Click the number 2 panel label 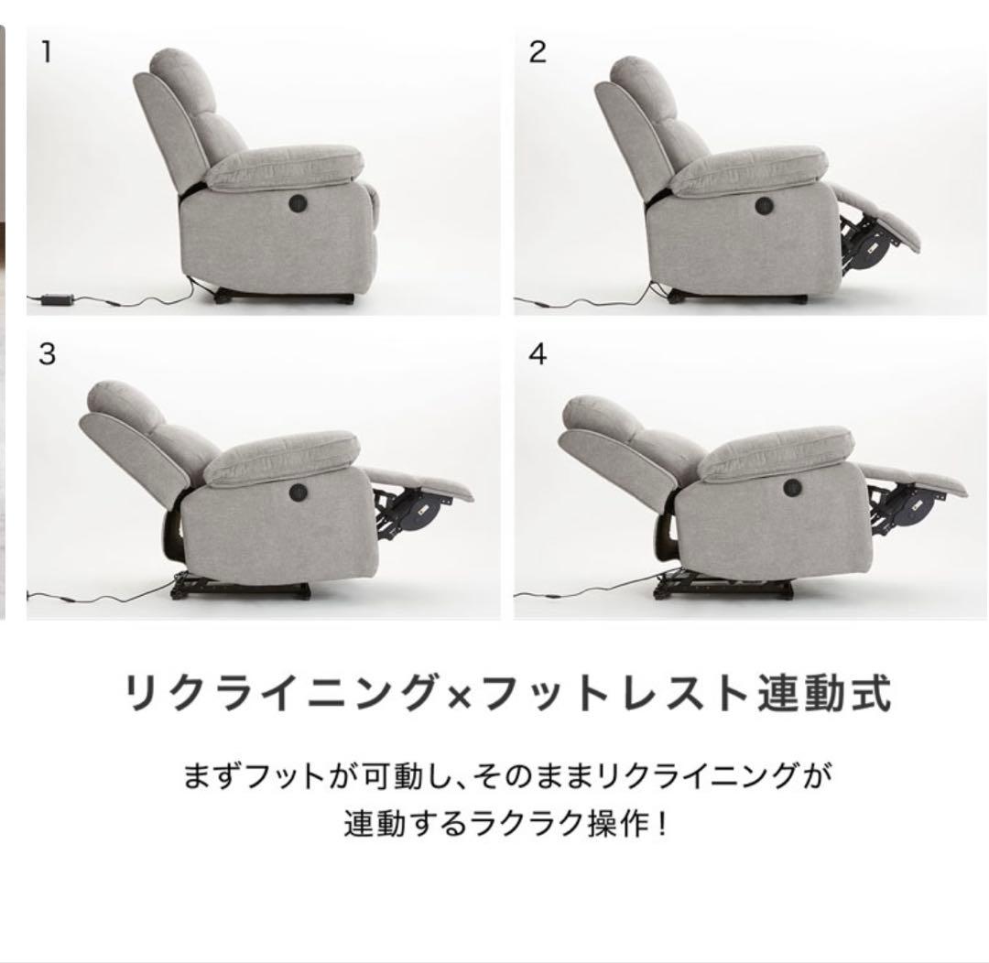click(x=538, y=52)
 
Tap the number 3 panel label click(x=46, y=354)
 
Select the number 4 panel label click(x=538, y=354)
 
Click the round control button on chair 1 click(x=299, y=202)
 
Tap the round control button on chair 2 click(x=765, y=204)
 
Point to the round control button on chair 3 click(x=299, y=492)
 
